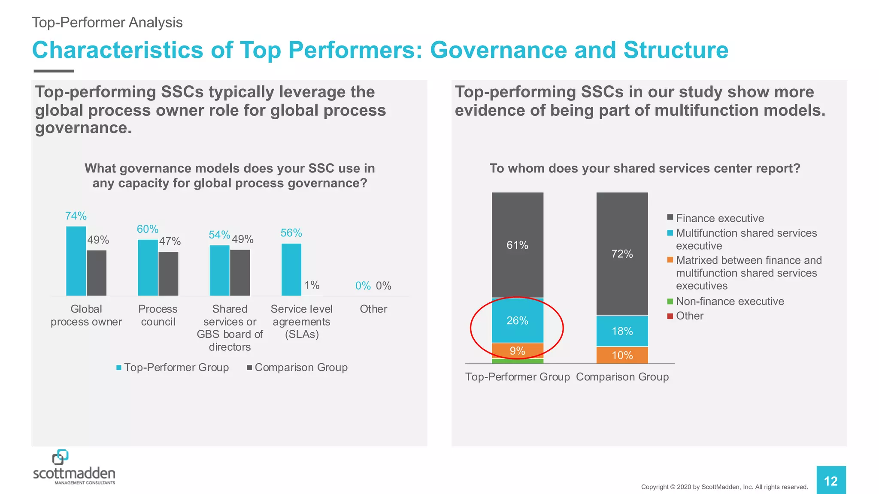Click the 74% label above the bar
[x=76, y=216]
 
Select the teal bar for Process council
[x=148, y=268]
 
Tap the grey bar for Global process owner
[x=97, y=273]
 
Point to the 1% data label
[x=312, y=285]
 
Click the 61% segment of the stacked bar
[x=517, y=245]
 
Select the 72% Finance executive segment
[x=622, y=253]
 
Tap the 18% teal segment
[x=622, y=331]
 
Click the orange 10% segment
[x=622, y=355]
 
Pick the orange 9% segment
[x=517, y=351]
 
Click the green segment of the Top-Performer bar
[x=517, y=361]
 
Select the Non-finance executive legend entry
[x=730, y=301]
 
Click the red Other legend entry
[x=689, y=316]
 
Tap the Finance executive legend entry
[x=720, y=218]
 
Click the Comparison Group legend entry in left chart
[x=300, y=367]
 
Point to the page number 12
[x=831, y=481]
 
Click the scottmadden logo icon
[x=60, y=457]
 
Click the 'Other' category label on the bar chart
[x=373, y=309]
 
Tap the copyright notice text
[x=724, y=487]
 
